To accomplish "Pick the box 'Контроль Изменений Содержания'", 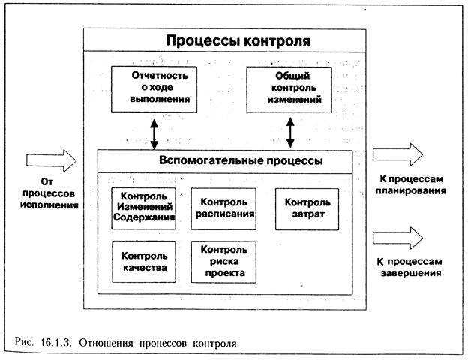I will point(144,207).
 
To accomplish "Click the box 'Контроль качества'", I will point(144,260).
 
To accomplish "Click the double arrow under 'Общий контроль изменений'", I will point(289,132).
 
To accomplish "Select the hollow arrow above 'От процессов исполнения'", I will point(51,160).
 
